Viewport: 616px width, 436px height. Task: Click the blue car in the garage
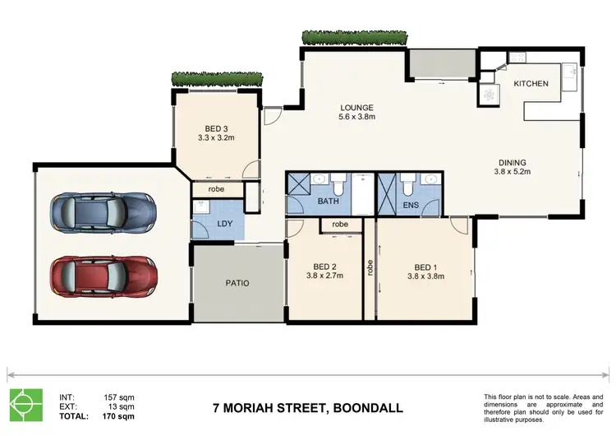tap(103, 212)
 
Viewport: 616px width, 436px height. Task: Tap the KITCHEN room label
tap(531, 84)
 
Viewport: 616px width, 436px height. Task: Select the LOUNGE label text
tap(357, 107)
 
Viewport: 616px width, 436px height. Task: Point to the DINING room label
tap(511, 162)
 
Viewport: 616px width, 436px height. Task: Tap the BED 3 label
tap(216, 128)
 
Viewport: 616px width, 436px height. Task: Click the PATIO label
tap(237, 283)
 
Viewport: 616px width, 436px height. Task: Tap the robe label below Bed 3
tap(217, 188)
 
